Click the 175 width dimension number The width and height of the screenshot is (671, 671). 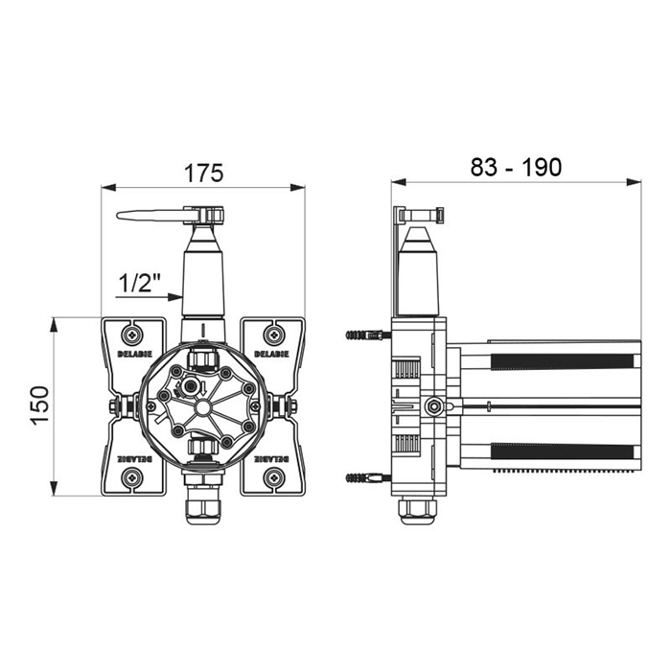coord(203,173)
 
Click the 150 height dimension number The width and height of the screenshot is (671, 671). coord(40,405)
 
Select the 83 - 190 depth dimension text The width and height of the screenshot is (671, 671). coord(516,167)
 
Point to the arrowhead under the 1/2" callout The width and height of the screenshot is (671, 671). coord(174,297)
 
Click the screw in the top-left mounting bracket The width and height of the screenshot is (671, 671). coord(132,335)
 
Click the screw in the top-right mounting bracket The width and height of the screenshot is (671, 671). coord(274,335)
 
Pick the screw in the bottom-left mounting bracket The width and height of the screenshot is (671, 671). coord(132,476)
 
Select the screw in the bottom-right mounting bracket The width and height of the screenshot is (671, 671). coord(274,476)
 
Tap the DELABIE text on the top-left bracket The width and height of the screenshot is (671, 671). coord(135,355)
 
